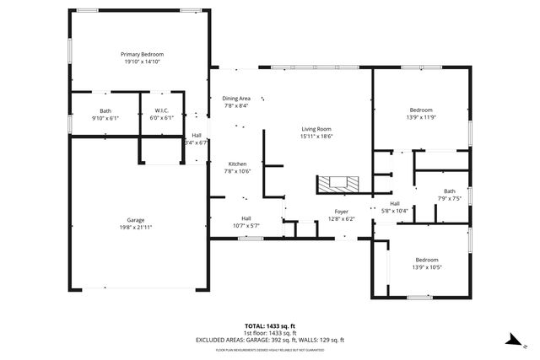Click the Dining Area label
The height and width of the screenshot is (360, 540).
pyautogui.click(x=236, y=98)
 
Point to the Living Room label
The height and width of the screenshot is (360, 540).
pyautogui.click(x=317, y=128)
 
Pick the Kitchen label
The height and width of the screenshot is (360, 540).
pyautogui.click(x=237, y=164)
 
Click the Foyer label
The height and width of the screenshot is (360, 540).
pyautogui.click(x=341, y=212)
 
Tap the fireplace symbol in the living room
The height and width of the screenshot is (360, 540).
pyautogui.click(x=338, y=183)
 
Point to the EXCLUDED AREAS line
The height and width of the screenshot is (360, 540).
pyautogui.click(x=283, y=339)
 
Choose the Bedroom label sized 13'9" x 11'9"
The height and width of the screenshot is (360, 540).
pyautogui.click(x=421, y=110)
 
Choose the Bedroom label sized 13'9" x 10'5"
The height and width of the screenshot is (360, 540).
pyautogui.click(x=427, y=260)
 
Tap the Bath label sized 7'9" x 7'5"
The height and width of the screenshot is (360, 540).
pyautogui.click(x=449, y=191)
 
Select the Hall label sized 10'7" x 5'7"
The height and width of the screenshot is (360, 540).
pyautogui.click(x=246, y=218)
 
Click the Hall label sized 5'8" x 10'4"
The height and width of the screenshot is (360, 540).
pyautogui.click(x=395, y=203)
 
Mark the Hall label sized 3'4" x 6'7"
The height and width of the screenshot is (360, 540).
pyautogui.click(x=197, y=136)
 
